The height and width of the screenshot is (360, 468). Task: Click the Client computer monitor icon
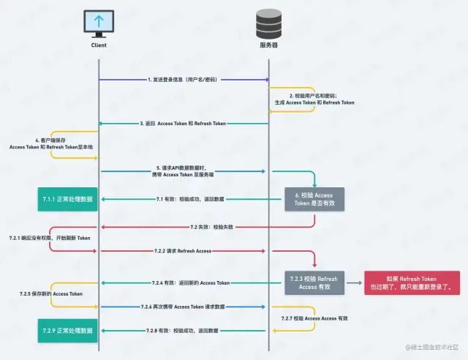coord(99,23)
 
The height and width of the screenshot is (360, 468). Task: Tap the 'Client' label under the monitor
coord(99,45)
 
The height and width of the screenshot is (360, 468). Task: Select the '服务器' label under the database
coord(269,45)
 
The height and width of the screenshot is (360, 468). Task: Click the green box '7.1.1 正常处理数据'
coord(68,199)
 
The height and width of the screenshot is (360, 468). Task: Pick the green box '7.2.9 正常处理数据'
coord(68,331)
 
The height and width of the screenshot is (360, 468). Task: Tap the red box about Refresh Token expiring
coord(413,282)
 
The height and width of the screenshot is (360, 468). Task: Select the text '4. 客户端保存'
coord(50,140)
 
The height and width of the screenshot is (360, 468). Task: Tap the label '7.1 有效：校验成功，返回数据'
coord(190,199)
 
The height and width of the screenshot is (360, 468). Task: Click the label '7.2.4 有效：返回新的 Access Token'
coord(190,282)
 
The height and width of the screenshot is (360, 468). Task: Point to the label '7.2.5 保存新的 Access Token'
coord(51,294)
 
